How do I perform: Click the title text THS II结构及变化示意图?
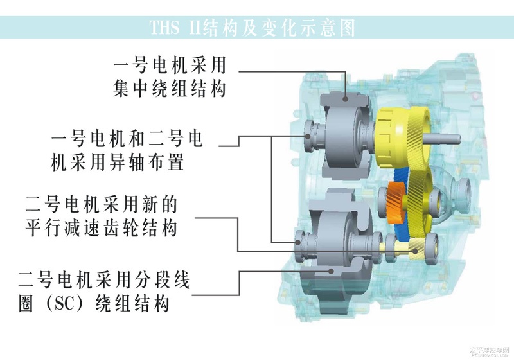pyautogui.click(x=253, y=28)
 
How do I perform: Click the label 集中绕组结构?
pyautogui.click(x=170, y=89)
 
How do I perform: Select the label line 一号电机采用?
pyautogui.click(x=170, y=65)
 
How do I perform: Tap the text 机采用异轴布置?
pyautogui.click(x=118, y=162)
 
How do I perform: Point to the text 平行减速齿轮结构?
pyautogui.click(x=102, y=228)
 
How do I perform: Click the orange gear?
pyautogui.click(x=396, y=203)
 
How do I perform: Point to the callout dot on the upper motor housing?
pyautogui.click(x=346, y=99)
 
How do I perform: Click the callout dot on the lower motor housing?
pyautogui.click(x=332, y=271)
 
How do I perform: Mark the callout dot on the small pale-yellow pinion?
pyautogui.click(x=416, y=251)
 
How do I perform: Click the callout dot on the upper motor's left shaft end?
pyautogui.click(x=308, y=136)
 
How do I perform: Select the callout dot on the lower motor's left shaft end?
pyautogui.click(x=297, y=242)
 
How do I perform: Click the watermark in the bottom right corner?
pyautogui.click(x=488, y=352)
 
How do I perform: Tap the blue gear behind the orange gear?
pyautogui.click(x=400, y=203)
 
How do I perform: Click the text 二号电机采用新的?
pyautogui.click(x=102, y=204)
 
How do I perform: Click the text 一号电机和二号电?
pyautogui.click(x=127, y=138)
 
